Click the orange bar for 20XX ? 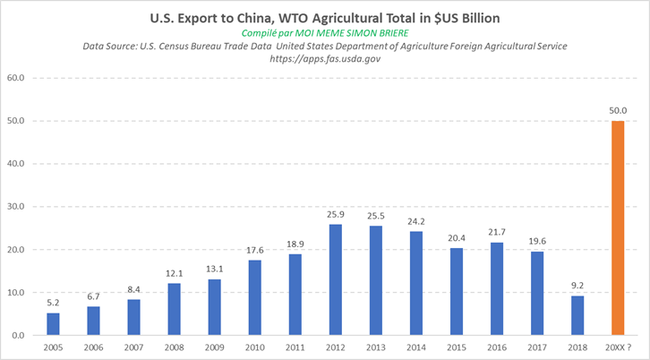[x=617, y=228]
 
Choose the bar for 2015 [x=456, y=292]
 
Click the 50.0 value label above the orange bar [x=617, y=110]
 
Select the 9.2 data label [x=577, y=286]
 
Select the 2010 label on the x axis [x=254, y=347]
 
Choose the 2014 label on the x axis [x=415, y=347]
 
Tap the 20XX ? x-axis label [x=617, y=347]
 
